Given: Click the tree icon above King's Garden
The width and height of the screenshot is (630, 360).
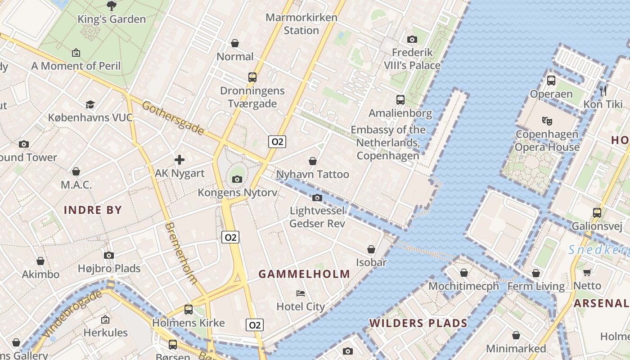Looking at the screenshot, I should click(x=111, y=5).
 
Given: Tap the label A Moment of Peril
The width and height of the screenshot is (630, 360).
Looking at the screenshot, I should click(x=76, y=66).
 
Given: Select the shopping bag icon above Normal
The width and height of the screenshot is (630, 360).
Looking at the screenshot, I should click(x=234, y=43).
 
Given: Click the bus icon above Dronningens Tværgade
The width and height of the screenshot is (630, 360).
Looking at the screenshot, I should click(x=252, y=77).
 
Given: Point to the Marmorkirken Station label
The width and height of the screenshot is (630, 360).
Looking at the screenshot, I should click(x=301, y=24).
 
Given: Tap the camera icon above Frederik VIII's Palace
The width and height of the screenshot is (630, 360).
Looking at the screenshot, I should click(x=412, y=39).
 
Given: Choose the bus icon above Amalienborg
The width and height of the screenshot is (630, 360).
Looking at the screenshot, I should click(x=400, y=100).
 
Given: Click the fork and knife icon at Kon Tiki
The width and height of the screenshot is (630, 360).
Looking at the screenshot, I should click(x=603, y=91).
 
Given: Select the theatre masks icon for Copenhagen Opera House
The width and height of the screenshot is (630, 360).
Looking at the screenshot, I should click(x=547, y=121).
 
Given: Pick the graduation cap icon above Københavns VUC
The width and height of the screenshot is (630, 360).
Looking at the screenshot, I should click(x=90, y=104).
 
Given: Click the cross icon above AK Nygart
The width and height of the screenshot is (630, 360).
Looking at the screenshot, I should click(x=180, y=160).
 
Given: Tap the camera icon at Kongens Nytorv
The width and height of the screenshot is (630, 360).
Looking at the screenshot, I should click(x=237, y=179).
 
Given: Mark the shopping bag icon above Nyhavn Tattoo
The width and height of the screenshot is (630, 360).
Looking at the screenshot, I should click(x=312, y=161).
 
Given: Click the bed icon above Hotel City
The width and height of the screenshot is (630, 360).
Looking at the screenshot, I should click(x=301, y=293).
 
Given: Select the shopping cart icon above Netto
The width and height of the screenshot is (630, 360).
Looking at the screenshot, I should click(x=587, y=272).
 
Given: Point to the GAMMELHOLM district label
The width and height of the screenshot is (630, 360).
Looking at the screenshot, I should click(x=304, y=274).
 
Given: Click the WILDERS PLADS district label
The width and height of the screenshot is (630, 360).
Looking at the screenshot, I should click(x=418, y=323).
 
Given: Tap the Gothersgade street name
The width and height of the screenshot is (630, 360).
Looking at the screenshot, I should click(x=173, y=117).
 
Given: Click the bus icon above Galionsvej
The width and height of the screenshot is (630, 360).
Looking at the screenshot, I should click(x=597, y=212).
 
